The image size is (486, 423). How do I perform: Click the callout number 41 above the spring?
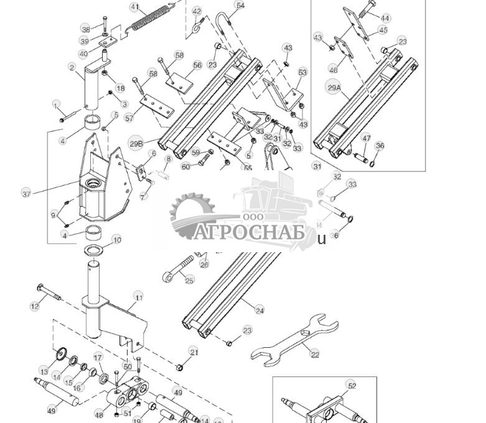tap(135, 7)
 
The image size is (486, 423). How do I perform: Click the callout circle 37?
tap(26, 194)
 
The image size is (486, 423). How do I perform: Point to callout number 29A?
tap(334, 88)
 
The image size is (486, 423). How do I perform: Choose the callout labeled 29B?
tap(136, 143)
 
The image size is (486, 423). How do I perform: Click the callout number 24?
tap(259, 311)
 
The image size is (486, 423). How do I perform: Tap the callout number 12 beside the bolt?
tap(35, 306)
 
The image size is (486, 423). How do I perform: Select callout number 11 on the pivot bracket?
tap(138, 298)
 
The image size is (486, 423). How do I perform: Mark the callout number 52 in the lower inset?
tap(352, 386)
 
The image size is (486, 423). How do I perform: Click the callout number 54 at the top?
tap(240, 6)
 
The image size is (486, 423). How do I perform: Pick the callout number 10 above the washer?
tap(116, 240)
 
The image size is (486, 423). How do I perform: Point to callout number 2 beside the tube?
tap(72, 68)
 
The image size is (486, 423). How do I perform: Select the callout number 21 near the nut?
tap(194, 352)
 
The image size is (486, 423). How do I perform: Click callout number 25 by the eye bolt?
tap(189, 281)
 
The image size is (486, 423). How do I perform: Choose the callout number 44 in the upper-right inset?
tap(386, 19)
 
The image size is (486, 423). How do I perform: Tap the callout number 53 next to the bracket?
tap(302, 73)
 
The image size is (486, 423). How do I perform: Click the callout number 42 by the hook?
tap(197, 11)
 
